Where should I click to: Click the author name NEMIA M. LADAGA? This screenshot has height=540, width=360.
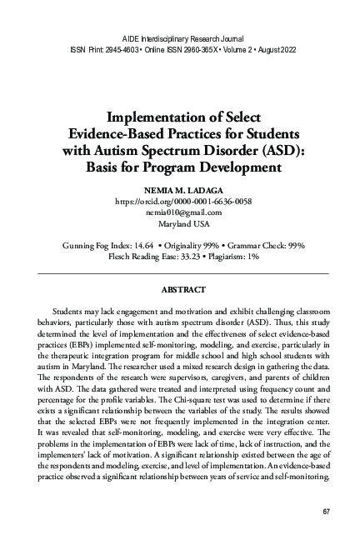[179, 189]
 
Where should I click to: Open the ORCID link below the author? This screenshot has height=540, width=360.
[179, 201]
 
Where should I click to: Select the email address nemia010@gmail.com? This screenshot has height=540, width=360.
[179, 212]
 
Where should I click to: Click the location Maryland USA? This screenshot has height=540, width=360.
[179, 224]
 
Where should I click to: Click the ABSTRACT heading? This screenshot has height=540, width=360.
[179, 290]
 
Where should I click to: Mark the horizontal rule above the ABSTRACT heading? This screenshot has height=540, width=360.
[179, 273]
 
